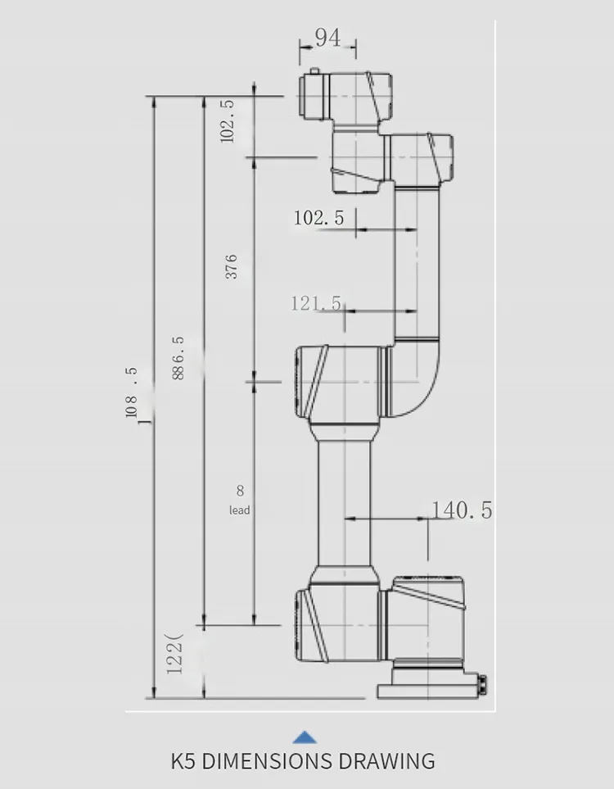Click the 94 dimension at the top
pos(327,38)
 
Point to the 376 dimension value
pos(232,266)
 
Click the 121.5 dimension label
pos(316,303)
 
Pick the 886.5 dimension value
pos(178,358)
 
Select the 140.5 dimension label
pos(462,510)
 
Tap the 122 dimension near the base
pos(174,654)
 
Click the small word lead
pos(240,510)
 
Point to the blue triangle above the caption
pos(305,737)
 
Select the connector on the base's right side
pos(482,683)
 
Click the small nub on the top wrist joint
pos(314,70)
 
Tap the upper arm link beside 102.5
pos(417,262)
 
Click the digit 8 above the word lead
pos(240,492)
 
